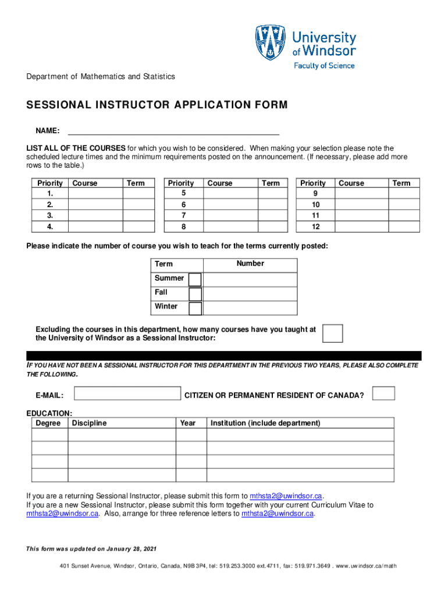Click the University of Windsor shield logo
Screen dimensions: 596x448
tap(270, 43)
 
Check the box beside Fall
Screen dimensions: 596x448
tap(195, 294)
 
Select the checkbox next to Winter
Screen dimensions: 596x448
tap(195, 308)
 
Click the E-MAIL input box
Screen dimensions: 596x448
tap(127, 394)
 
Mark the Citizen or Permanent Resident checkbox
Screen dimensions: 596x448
tap(383, 393)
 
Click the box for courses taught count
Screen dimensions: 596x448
tap(332, 334)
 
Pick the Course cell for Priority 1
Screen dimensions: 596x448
tap(95, 193)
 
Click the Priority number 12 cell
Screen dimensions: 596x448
tap(315, 226)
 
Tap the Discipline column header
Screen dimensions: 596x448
tap(90, 423)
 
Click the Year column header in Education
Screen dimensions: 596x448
tap(188, 423)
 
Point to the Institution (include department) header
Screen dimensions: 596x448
tap(265, 423)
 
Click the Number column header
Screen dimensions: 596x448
tap(250, 264)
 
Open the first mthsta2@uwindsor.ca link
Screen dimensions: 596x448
tap(286, 496)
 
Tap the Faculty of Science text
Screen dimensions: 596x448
tap(324, 66)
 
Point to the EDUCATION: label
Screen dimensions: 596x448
tap(49, 413)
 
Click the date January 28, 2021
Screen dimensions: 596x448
tap(131, 549)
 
